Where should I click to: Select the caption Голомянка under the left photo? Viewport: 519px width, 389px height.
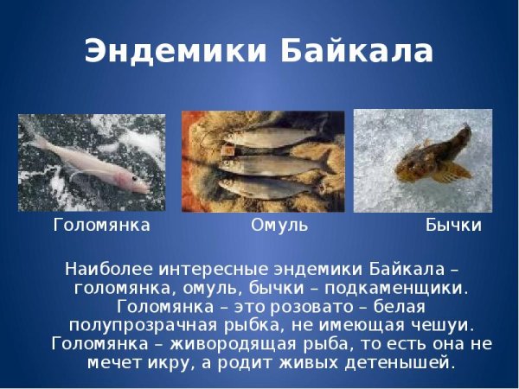[x=102, y=226]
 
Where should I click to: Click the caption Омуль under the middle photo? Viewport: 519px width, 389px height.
[x=279, y=226]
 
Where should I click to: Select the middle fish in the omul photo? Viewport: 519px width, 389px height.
[x=268, y=163]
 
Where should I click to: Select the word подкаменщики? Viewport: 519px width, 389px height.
[x=391, y=285]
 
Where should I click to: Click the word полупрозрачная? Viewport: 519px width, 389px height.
[x=143, y=325]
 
